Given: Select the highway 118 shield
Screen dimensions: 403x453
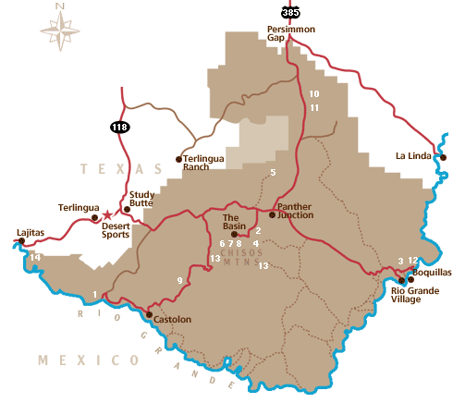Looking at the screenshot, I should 122,126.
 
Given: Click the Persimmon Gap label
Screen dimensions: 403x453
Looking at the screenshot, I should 290,34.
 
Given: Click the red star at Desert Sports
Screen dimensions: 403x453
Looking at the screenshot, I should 107,214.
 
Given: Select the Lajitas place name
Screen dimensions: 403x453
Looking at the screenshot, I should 31,232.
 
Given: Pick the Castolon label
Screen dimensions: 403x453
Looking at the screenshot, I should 171,320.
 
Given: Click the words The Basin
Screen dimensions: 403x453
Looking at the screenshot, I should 239,223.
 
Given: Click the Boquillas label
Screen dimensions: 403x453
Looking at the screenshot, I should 432,274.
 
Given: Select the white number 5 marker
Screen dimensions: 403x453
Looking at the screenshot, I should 273,173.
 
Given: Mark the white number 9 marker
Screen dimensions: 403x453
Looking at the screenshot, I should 179,280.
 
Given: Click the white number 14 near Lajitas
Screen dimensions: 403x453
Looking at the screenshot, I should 35,256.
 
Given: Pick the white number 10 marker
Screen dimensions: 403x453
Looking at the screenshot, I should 314,94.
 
